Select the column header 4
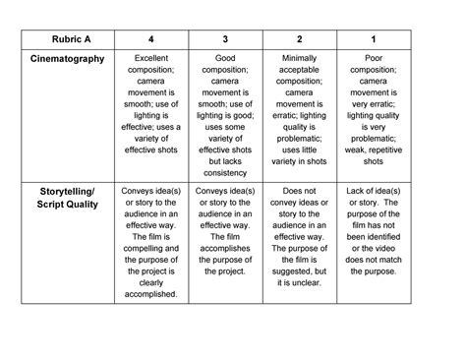point(150,38)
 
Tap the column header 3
point(225,38)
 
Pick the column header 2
point(299,38)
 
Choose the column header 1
point(374,38)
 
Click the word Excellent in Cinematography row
point(150,59)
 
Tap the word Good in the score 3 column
point(225,59)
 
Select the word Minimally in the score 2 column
point(299,59)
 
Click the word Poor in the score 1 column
point(374,59)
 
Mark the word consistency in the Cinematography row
point(225,174)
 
